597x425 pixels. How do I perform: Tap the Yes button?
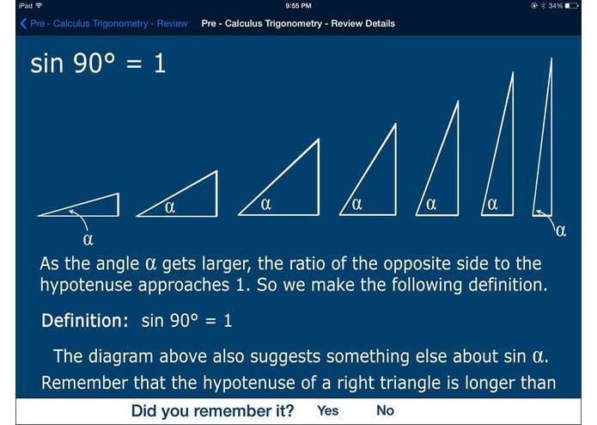click(x=327, y=410)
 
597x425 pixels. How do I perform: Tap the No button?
click(x=385, y=410)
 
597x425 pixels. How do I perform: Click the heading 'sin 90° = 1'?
click(x=97, y=64)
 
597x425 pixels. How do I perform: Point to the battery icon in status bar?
click(x=572, y=6)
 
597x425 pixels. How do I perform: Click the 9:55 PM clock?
click(x=297, y=6)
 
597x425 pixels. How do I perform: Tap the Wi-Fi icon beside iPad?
click(x=39, y=6)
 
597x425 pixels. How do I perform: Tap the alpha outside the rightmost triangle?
click(x=561, y=230)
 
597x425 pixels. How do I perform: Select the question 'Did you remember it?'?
click(x=212, y=410)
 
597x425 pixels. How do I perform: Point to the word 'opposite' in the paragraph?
click(x=404, y=263)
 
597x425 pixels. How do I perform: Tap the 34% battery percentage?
click(x=556, y=6)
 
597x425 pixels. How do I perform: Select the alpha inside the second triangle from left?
click(x=169, y=206)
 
